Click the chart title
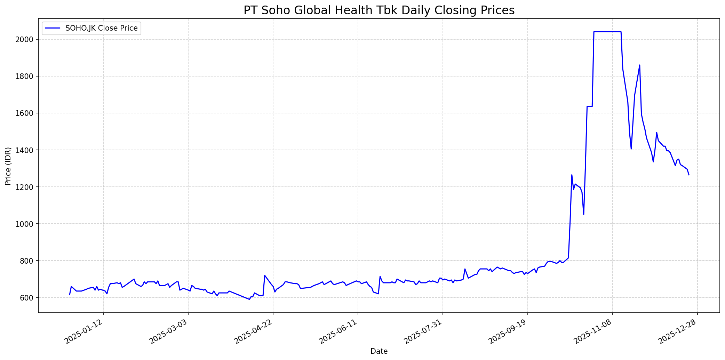[x=379, y=10]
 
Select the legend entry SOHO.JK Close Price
[x=101, y=28]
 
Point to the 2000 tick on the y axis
[x=26, y=39]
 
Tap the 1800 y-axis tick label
[x=26, y=76]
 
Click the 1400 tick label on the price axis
[x=26, y=150]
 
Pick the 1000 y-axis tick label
[x=26, y=224]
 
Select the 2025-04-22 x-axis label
[x=253, y=333]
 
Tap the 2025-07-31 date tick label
[x=423, y=333]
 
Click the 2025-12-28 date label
[x=677, y=333]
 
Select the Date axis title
[x=379, y=351]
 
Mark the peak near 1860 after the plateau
[x=639, y=65]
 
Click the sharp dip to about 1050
[x=583, y=214]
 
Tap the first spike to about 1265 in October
[x=572, y=175]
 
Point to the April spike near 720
[x=265, y=275]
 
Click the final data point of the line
[x=689, y=175]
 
